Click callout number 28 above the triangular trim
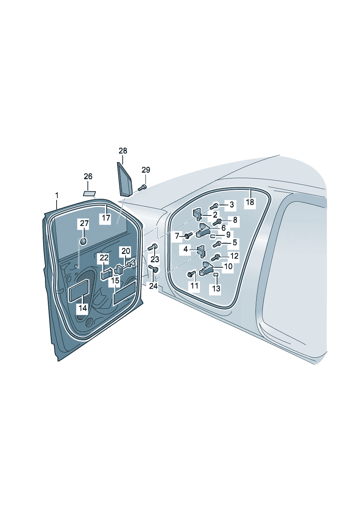click(123, 151)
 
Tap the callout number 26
click(88, 177)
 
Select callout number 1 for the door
click(57, 196)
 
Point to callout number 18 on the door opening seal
click(250, 202)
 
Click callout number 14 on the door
click(83, 308)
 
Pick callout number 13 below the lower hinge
click(216, 288)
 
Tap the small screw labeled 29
click(142, 187)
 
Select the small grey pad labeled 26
click(89, 193)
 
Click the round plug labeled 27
click(83, 241)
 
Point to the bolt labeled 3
click(214, 206)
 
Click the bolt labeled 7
click(188, 236)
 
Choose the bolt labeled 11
click(191, 274)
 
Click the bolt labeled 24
click(153, 269)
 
